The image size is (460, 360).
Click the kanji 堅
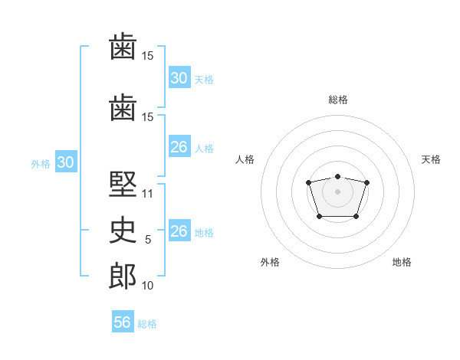click(123, 184)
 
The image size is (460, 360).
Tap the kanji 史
click(123, 230)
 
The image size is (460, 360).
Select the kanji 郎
click(123, 276)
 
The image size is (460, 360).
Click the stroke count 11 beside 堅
click(147, 194)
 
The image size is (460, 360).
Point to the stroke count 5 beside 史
click(148, 240)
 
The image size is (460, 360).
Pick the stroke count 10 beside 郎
click(147, 286)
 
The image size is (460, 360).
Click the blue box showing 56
click(123, 321)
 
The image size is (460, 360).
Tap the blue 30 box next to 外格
click(66, 162)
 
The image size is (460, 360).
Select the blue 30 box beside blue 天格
click(179, 77)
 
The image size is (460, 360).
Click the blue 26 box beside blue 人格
click(179, 146)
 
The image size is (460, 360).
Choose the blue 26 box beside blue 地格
click(179, 230)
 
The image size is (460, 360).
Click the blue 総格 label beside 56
click(147, 324)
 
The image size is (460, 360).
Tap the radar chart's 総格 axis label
click(338, 100)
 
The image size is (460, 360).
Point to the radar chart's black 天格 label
click(431, 159)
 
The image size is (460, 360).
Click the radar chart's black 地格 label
click(402, 262)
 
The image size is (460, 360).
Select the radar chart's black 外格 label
click(270, 262)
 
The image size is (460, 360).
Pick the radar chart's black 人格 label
click(245, 159)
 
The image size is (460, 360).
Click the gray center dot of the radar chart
click(337, 191)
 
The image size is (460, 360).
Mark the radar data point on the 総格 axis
click(337, 176)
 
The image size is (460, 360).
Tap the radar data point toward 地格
click(356, 216)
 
